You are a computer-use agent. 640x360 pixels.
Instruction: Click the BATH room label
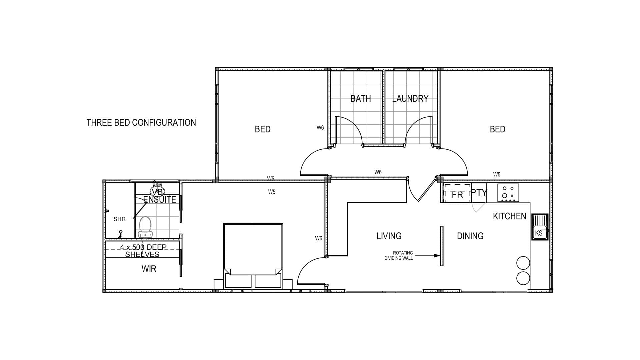pyautogui.click(x=360, y=99)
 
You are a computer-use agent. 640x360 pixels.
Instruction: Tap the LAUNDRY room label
pyautogui.click(x=410, y=99)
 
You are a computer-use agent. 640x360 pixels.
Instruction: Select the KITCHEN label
pyautogui.click(x=509, y=216)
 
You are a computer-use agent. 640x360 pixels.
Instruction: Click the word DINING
pyautogui.click(x=470, y=236)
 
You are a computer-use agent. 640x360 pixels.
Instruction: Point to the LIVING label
pyautogui.click(x=389, y=236)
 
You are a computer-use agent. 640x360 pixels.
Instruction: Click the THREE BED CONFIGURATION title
pyautogui.click(x=141, y=123)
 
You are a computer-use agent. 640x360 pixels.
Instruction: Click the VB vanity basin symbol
pyautogui.click(x=157, y=191)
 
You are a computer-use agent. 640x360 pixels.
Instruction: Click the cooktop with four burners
pyautogui.click(x=508, y=193)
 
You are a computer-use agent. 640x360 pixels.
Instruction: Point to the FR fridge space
pyautogui.click(x=457, y=194)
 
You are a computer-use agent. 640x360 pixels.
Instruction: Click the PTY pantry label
pyautogui.click(x=479, y=193)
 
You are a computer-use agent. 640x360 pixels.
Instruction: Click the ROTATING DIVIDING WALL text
pyautogui.click(x=399, y=256)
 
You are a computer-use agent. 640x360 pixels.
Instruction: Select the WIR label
pyautogui.click(x=149, y=269)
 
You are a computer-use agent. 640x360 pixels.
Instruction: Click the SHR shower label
pyautogui.click(x=119, y=219)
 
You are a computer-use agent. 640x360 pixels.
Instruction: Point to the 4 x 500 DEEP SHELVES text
pyautogui.click(x=143, y=251)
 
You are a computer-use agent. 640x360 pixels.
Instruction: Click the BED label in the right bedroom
pyautogui.click(x=497, y=129)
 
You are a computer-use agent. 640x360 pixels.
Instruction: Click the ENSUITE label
pyautogui.click(x=160, y=199)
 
